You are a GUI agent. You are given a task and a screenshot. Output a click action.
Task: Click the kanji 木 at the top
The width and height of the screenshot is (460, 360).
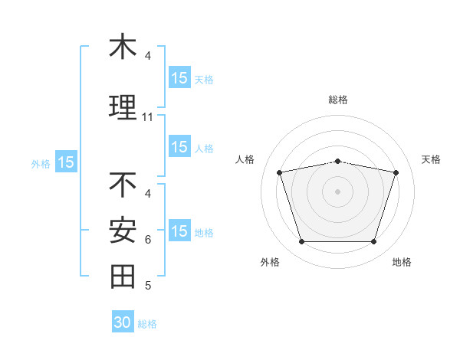tap(123, 45)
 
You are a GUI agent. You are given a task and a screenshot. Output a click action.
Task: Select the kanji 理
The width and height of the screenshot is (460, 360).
tap(123, 107)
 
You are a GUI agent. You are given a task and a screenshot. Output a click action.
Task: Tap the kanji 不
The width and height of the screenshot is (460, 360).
tap(123, 185)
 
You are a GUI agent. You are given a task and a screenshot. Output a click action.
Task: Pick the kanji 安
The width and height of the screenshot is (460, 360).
tap(123, 230)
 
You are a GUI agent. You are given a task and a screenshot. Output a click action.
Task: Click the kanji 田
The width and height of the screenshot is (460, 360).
tap(123, 277)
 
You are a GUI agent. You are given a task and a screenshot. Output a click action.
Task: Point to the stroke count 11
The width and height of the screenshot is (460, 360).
tap(147, 117)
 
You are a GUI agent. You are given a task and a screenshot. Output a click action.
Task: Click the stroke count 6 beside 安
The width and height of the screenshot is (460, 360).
tap(148, 240)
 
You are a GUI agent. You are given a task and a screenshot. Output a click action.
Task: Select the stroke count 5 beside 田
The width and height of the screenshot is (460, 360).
tap(148, 285)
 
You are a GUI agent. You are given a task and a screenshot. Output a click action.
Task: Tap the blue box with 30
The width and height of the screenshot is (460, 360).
tap(123, 321)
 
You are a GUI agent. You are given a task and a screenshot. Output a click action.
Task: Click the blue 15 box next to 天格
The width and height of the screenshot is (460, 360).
tap(180, 77)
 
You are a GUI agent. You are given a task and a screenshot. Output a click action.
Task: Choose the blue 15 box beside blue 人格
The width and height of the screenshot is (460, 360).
tap(180, 146)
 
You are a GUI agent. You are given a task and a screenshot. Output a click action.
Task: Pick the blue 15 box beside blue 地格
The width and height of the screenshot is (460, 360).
tap(180, 230)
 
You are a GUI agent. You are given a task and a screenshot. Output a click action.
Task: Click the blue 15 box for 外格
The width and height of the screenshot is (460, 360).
tap(66, 162)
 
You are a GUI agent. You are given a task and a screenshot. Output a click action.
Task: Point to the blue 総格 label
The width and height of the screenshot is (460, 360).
tap(147, 324)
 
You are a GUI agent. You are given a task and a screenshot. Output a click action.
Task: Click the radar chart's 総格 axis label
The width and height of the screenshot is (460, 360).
tap(338, 100)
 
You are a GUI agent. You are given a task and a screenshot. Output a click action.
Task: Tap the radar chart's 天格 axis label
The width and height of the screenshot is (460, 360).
tap(431, 159)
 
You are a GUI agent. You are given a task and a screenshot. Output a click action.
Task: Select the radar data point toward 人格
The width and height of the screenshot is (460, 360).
tap(280, 172)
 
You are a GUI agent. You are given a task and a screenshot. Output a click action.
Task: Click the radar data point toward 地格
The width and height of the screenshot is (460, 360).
tap(374, 242)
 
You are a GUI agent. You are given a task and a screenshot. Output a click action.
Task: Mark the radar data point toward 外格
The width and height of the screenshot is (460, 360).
tap(302, 242)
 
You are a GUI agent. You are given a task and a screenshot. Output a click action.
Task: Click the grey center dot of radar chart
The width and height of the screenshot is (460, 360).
tap(337, 191)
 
